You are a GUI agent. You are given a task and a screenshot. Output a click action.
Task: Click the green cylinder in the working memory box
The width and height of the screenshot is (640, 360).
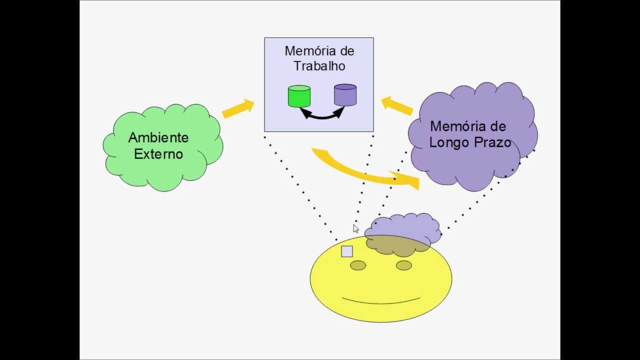coord(299,96)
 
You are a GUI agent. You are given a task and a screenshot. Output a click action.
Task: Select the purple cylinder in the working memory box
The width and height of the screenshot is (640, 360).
coord(345,95)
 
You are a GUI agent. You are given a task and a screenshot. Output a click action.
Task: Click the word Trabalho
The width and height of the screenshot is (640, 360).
coord(319,66)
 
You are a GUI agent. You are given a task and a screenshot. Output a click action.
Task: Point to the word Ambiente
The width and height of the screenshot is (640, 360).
coord(158,137)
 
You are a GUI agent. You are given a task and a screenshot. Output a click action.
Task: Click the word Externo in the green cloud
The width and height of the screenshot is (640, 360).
coord(158,154)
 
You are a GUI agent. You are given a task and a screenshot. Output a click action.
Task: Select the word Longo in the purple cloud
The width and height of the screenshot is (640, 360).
coord(448,142)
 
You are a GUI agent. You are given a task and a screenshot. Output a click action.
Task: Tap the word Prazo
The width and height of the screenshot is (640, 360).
coord(491,142)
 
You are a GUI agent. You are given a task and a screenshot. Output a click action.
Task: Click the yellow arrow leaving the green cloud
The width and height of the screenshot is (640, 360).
coord(238,108)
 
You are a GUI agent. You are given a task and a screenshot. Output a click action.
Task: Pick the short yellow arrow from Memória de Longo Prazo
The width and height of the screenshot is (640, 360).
coord(397,105)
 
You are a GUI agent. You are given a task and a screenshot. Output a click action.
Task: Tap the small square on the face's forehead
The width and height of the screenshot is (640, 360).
coord(347,251)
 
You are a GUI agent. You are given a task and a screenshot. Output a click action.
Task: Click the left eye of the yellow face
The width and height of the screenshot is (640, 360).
coord(358,265)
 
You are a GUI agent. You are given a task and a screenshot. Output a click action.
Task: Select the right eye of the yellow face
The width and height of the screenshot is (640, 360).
coord(404,265)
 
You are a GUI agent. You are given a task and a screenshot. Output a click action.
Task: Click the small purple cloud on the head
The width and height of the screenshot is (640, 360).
coord(403,228)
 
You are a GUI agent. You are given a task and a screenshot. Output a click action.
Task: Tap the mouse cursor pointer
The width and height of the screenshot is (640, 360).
coord(355,228)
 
